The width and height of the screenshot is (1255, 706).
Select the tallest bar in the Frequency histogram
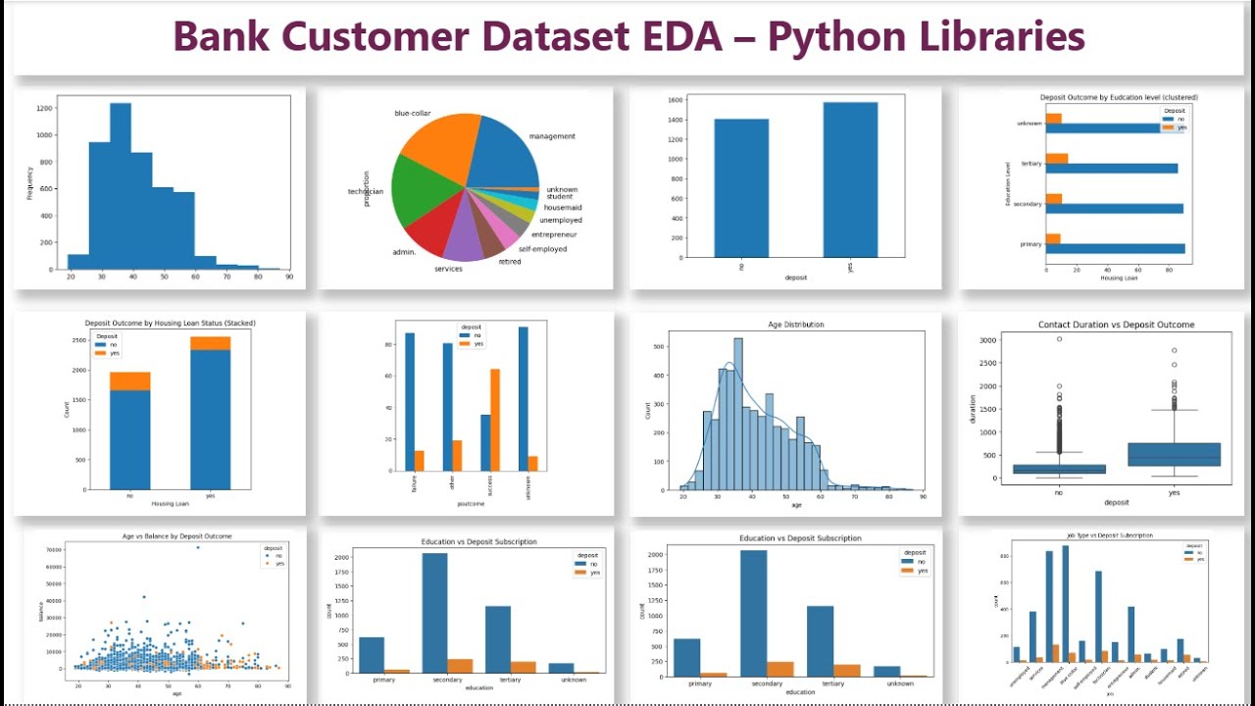121,185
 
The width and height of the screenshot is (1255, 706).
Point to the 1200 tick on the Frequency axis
45,109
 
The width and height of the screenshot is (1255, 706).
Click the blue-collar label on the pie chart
412,114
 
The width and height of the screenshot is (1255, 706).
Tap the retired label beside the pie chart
510,262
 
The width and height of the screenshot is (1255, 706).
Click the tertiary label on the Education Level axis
1030,164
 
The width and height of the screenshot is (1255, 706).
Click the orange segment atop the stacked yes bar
211,342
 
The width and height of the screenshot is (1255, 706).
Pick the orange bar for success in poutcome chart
495,419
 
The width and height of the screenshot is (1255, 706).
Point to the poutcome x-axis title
471,502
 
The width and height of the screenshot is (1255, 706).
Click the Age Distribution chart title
796,325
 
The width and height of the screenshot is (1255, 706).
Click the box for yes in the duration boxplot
1174,455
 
